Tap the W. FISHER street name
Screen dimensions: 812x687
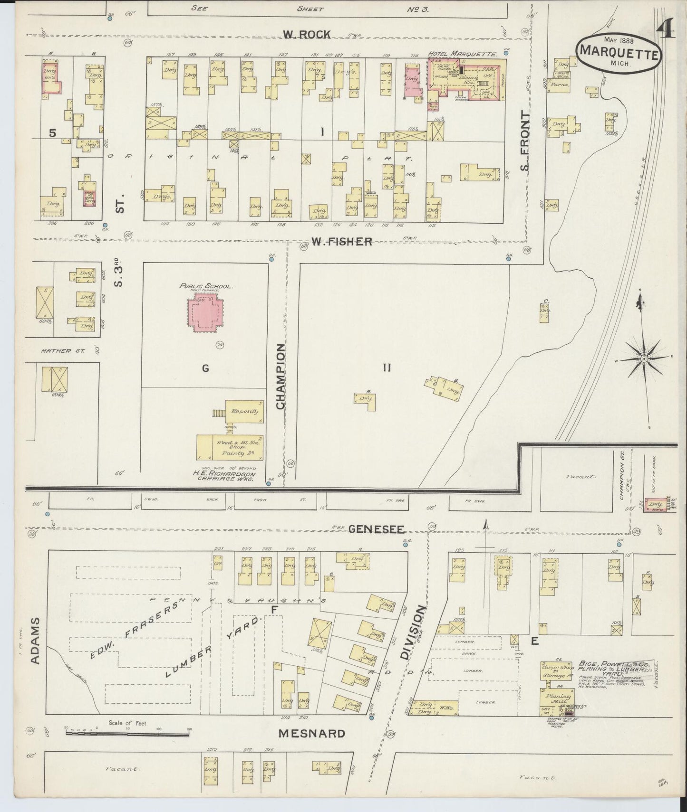click(341, 242)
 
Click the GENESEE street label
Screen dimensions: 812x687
click(376, 529)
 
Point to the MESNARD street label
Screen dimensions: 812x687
click(312, 747)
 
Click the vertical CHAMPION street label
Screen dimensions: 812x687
click(281, 377)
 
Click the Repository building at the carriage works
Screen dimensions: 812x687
click(244, 411)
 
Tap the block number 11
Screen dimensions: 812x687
click(387, 368)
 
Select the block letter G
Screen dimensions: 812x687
click(205, 368)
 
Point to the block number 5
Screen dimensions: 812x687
click(52, 133)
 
